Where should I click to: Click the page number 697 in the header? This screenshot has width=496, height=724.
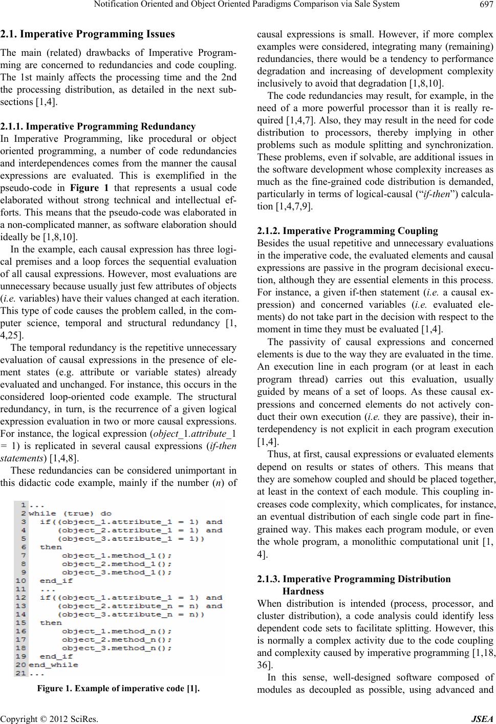coord(485,7)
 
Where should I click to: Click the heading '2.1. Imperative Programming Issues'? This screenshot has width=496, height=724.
coord(88,34)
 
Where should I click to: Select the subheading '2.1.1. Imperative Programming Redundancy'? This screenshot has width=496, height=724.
coord(98,126)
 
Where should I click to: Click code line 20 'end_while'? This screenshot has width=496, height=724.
coord(54,665)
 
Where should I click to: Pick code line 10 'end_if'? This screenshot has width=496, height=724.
coord(56,581)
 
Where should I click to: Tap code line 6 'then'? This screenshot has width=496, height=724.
coord(51,547)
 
